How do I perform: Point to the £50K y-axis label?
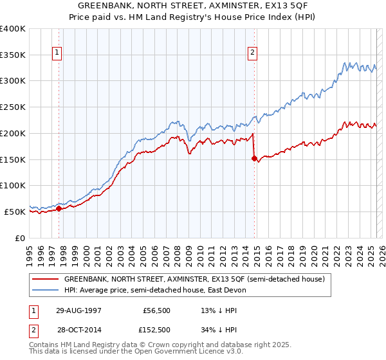coord(15,212)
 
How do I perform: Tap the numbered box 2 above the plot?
coord(253,53)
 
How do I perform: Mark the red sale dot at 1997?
coord(59,208)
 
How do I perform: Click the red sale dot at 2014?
coord(254,158)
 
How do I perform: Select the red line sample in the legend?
coord(46,280)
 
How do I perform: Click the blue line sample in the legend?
coord(46,290)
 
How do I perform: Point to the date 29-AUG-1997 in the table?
coord(78,310)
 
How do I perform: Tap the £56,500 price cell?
coord(155,310)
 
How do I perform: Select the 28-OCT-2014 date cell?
coord(78,330)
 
